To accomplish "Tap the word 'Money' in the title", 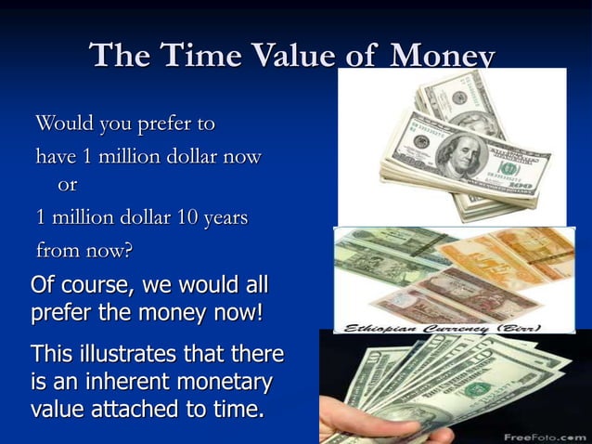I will (442, 56).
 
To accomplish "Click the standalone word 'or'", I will (67, 184).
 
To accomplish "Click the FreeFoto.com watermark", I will (545, 435).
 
